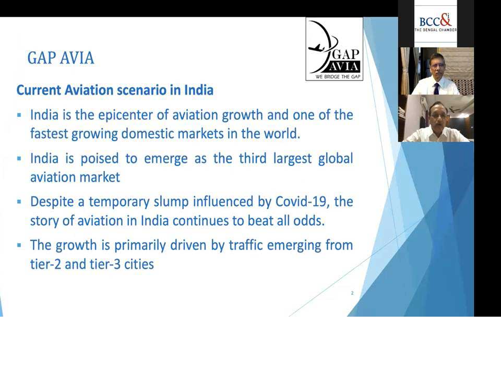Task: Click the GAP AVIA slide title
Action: (61, 58)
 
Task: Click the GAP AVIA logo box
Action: (334, 49)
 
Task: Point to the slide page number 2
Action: (352, 293)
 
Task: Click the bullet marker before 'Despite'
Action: (19, 202)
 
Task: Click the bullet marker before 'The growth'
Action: (19, 245)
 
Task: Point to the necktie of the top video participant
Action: (436, 88)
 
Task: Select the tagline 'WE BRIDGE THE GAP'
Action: (338, 77)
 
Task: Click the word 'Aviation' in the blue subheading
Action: (88, 90)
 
